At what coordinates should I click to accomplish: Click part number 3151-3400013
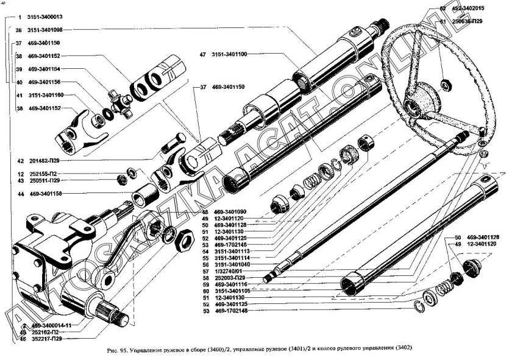48,16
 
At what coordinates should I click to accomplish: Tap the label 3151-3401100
229,55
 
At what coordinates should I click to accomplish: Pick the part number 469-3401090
230,212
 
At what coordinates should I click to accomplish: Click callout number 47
202,55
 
